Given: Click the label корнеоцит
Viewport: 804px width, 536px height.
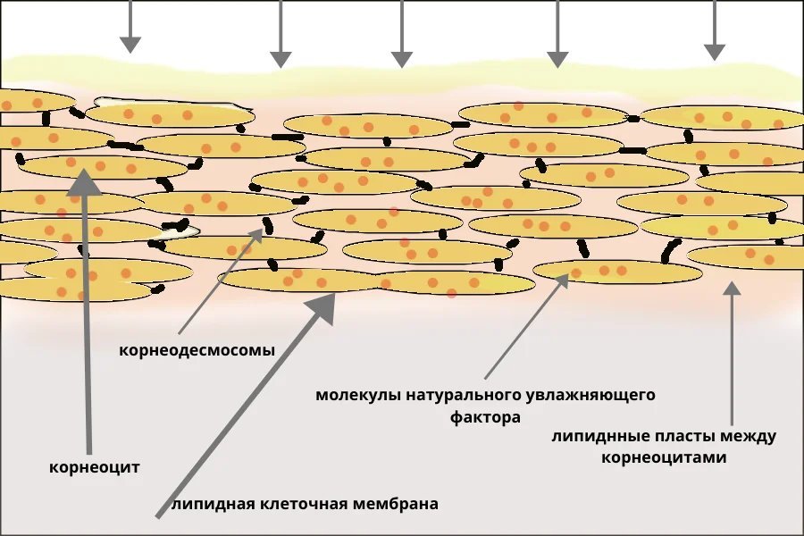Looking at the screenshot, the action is (95, 467).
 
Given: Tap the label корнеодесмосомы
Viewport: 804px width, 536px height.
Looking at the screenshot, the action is (197, 350).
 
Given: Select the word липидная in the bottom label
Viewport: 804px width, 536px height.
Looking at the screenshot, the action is (214, 504).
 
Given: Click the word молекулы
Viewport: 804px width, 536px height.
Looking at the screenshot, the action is (358, 396).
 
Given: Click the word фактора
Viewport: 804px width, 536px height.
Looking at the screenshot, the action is (485, 417).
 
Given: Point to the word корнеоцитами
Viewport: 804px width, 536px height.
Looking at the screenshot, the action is (664, 457).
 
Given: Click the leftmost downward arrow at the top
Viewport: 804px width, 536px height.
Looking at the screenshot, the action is (130, 27).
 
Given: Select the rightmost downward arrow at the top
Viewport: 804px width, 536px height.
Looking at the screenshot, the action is (715, 30).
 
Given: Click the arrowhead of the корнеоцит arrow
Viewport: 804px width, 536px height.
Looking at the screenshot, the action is (85, 182).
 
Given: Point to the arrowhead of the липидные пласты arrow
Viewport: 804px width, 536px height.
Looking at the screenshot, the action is (733, 289).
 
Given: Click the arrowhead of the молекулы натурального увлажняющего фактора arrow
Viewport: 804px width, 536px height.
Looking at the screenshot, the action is (562, 280).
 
